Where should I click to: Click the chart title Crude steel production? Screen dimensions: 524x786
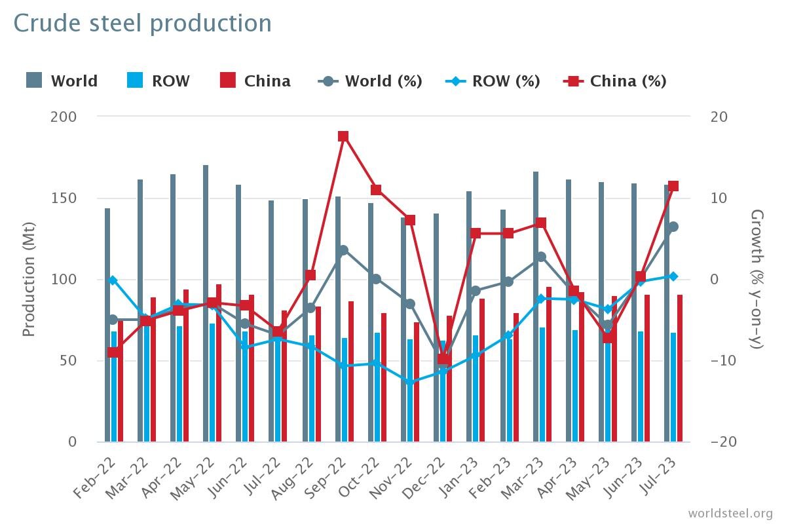[142, 24]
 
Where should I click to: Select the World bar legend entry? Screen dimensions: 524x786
[62, 81]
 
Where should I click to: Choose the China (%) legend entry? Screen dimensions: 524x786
[615, 81]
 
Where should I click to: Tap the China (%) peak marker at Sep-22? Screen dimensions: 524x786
[343, 136]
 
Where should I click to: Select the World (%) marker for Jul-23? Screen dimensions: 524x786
[673, 227]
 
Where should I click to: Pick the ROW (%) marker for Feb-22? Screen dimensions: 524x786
[113, 280]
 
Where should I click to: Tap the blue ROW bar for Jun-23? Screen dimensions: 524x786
[641, 386]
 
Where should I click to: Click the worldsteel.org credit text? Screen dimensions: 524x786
[730, 513]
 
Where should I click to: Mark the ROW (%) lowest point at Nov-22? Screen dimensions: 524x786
[410, 383]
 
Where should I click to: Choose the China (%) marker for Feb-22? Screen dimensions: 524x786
[114, 352]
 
